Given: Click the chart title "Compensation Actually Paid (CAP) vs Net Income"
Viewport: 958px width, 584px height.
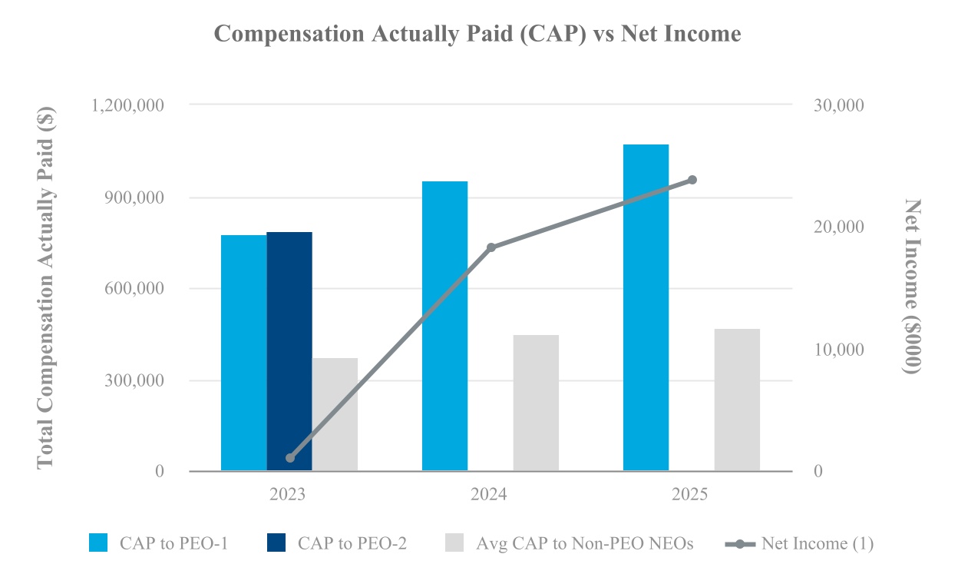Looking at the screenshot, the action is click(477, 34).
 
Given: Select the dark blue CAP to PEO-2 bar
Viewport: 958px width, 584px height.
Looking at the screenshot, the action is click(289, 351).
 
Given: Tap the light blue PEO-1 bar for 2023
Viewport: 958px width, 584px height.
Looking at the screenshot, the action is click(244, 353).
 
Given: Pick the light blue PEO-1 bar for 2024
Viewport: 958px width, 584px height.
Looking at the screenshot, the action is click(444, 326).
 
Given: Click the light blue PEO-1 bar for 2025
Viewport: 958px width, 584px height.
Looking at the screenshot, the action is click(646, 307).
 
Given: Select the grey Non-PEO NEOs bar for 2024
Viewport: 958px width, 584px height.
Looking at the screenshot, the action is click(536, 403).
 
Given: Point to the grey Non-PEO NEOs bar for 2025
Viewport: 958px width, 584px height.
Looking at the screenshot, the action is click(737, 400).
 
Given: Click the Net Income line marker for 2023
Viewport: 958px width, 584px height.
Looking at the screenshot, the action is click(290, 458).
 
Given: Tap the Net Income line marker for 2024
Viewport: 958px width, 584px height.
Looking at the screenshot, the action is click(491, 247).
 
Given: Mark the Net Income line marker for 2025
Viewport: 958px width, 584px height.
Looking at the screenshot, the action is click(692, 180).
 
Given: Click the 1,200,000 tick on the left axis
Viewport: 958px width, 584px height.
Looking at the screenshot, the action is click(127, 105).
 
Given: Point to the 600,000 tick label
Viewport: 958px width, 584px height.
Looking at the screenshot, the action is click(134, 289).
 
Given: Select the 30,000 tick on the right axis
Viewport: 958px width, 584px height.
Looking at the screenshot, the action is click(839, 105).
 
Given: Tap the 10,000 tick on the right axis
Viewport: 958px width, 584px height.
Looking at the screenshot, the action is click(839, 350).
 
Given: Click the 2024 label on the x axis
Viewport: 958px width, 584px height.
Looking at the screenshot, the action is click(488, 495).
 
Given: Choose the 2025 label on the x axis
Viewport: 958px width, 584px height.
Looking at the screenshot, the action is click(689, 495).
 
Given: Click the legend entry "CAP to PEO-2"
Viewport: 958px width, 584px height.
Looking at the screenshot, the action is click(337, 543).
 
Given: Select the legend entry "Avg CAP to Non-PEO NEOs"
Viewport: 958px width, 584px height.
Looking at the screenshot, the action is click(570, 543).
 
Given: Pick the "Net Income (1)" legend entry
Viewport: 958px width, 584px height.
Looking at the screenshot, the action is click(799, 543).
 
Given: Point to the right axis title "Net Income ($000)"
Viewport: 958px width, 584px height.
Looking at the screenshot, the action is click(912, 286).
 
